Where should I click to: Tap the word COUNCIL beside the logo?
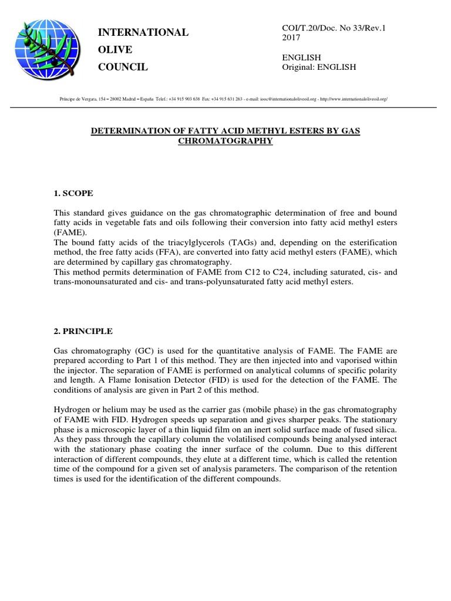pyautogui.click(x=123, y=67)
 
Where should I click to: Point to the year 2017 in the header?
pyautogui.click(x=292, y=38)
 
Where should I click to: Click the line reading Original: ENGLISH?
pyautogui.click(x=319, y=67)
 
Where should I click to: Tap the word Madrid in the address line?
pyautogui.click(x=121, y=100)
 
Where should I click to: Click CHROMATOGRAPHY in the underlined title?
pyautogui.click(x=225, y=141)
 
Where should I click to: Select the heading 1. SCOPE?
pyautogui.click(x=73, y=193)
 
